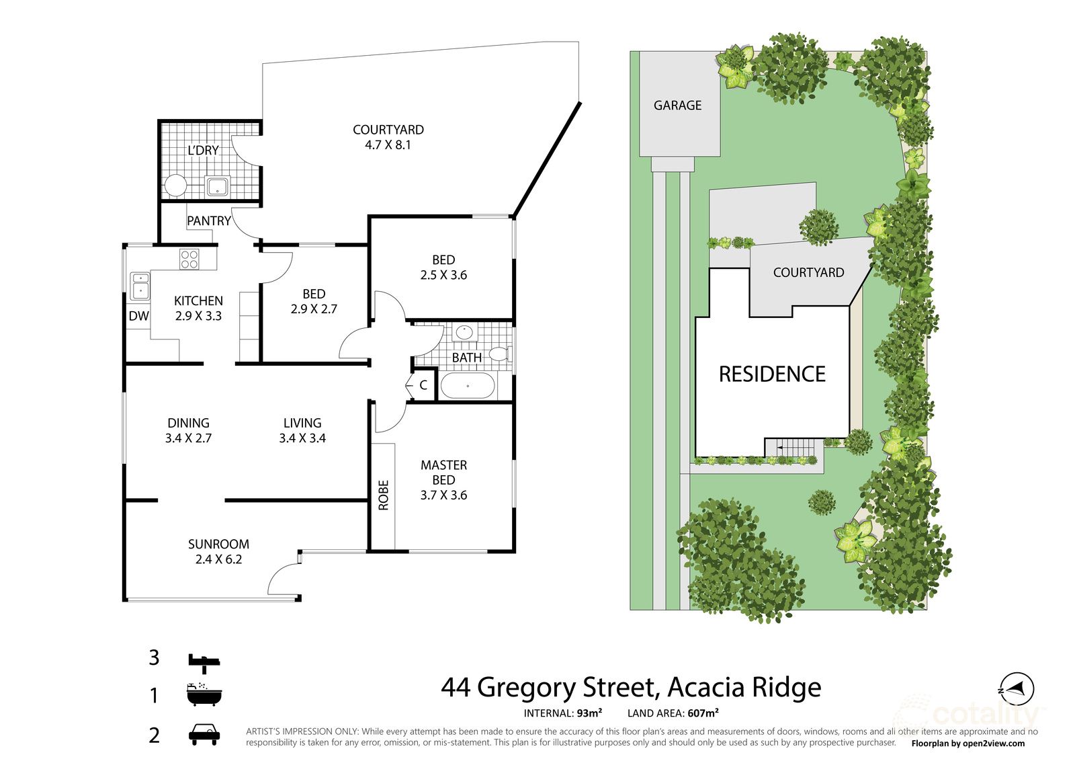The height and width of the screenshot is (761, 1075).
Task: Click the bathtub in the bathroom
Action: point(468,386)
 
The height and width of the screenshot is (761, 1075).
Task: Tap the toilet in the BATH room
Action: point(499,354)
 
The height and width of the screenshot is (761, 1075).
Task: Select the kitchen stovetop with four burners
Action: point(189,259)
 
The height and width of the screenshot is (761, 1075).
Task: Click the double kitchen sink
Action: point(140,285)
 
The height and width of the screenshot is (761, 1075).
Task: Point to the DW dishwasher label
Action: point(138,316)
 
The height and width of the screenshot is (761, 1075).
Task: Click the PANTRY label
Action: point(208,221)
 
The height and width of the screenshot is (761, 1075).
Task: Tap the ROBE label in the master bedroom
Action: point(383,495)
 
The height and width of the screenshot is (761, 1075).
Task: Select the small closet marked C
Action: point(423,385)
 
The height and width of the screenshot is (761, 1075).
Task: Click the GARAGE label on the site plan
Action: point(677,106)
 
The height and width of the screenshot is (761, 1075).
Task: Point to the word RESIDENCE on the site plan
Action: point(772,374)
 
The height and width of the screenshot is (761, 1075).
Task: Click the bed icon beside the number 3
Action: point(204,662)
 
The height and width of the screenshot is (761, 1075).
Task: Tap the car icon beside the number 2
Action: point(204,735)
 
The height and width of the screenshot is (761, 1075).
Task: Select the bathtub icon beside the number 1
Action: point(204,694)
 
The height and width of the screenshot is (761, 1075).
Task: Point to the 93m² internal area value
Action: point(589,713)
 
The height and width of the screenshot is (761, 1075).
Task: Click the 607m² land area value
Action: point(703,713)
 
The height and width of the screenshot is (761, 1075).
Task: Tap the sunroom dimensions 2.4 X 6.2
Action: point(218,559)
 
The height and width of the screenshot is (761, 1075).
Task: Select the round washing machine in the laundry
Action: point(175,186)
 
